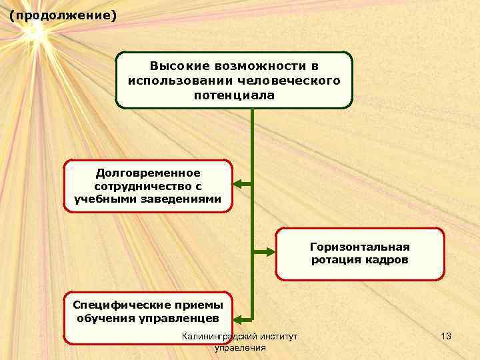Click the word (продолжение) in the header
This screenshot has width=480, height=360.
pyautogui.click(x=63, y=14)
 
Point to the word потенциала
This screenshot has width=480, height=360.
pyautogui.click(x=234, y=95)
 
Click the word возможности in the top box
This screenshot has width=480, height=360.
pyautogui.click(x=261, y=67)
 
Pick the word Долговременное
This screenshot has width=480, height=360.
pyautogui.click(x=147, y=173)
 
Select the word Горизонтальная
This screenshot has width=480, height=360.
pyautogui.click(x=360, y=246)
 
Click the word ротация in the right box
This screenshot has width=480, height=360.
pyautogui.click(x=335, y=259)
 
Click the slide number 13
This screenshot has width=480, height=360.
pyautogui.click(x=446, y=337)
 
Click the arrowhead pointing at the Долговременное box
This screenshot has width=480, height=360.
pyautogui.click(x=237, y=185)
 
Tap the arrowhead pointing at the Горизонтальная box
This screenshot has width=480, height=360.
pyautogui.click(x=271, y=252)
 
